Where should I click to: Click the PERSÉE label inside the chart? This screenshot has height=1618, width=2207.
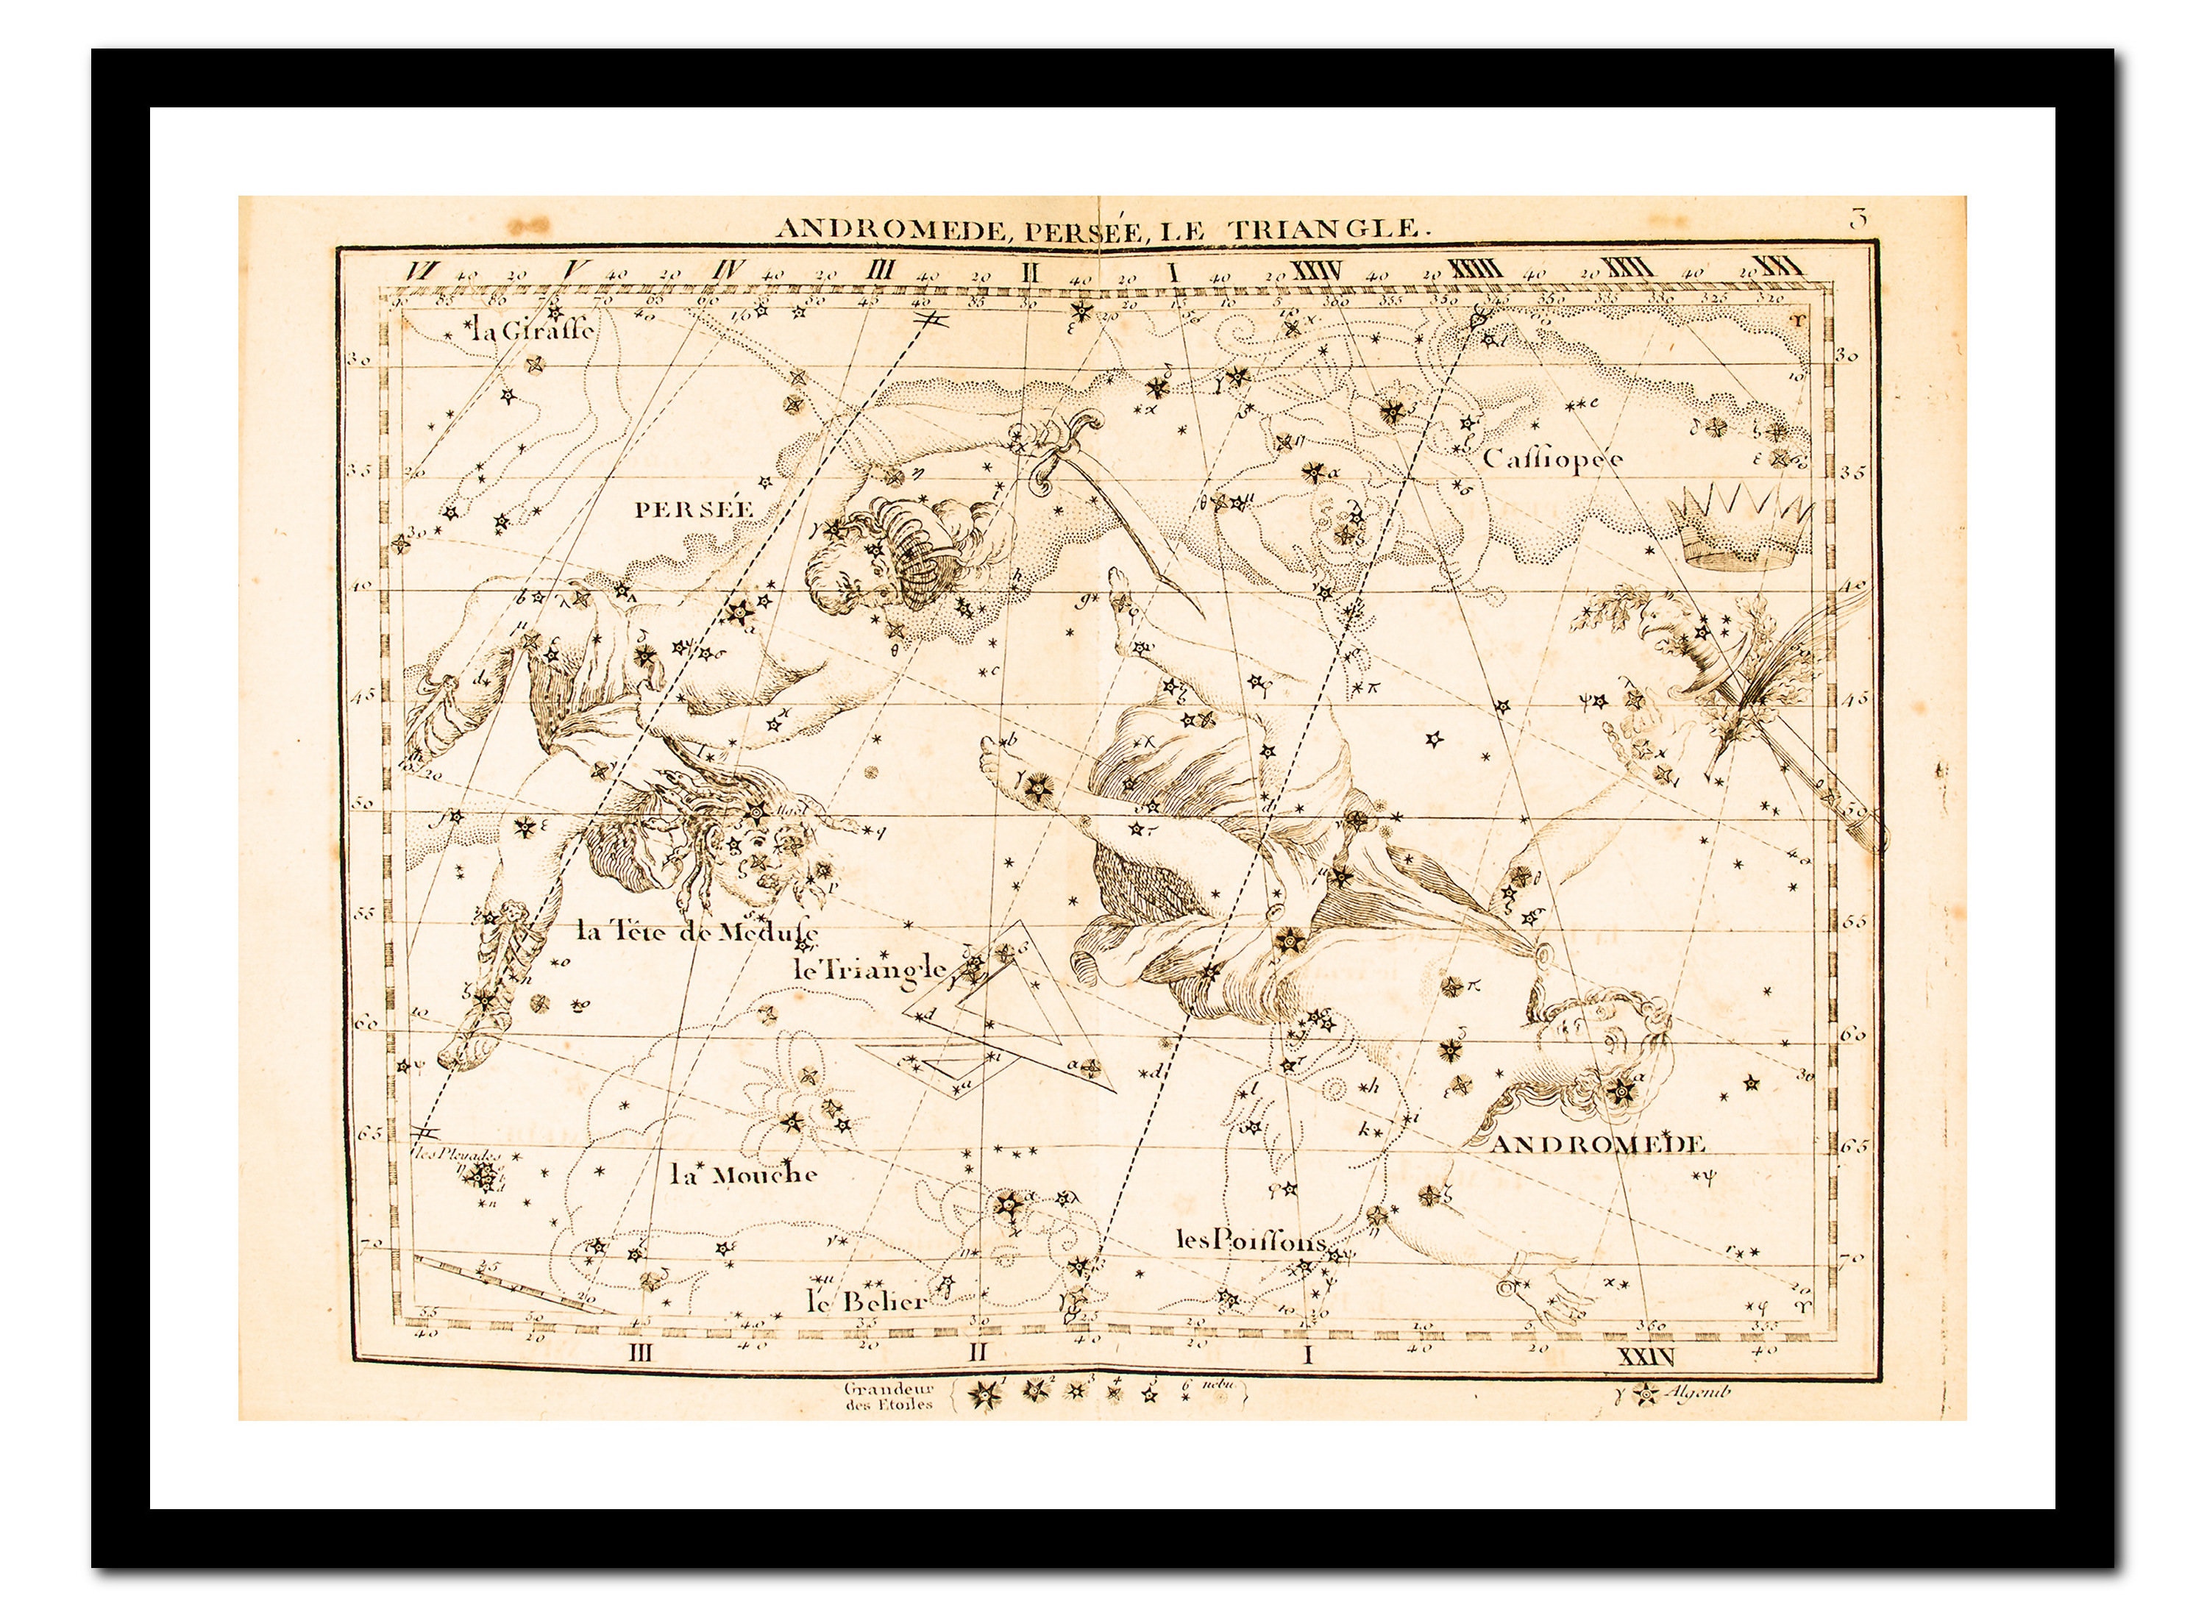click(694, 509)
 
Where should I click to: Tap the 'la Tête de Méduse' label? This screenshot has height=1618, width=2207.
click(697, 931)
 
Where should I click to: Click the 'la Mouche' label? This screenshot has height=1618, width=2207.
click(744, 1175)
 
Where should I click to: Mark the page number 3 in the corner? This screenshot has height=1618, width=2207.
click(1858, 219)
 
